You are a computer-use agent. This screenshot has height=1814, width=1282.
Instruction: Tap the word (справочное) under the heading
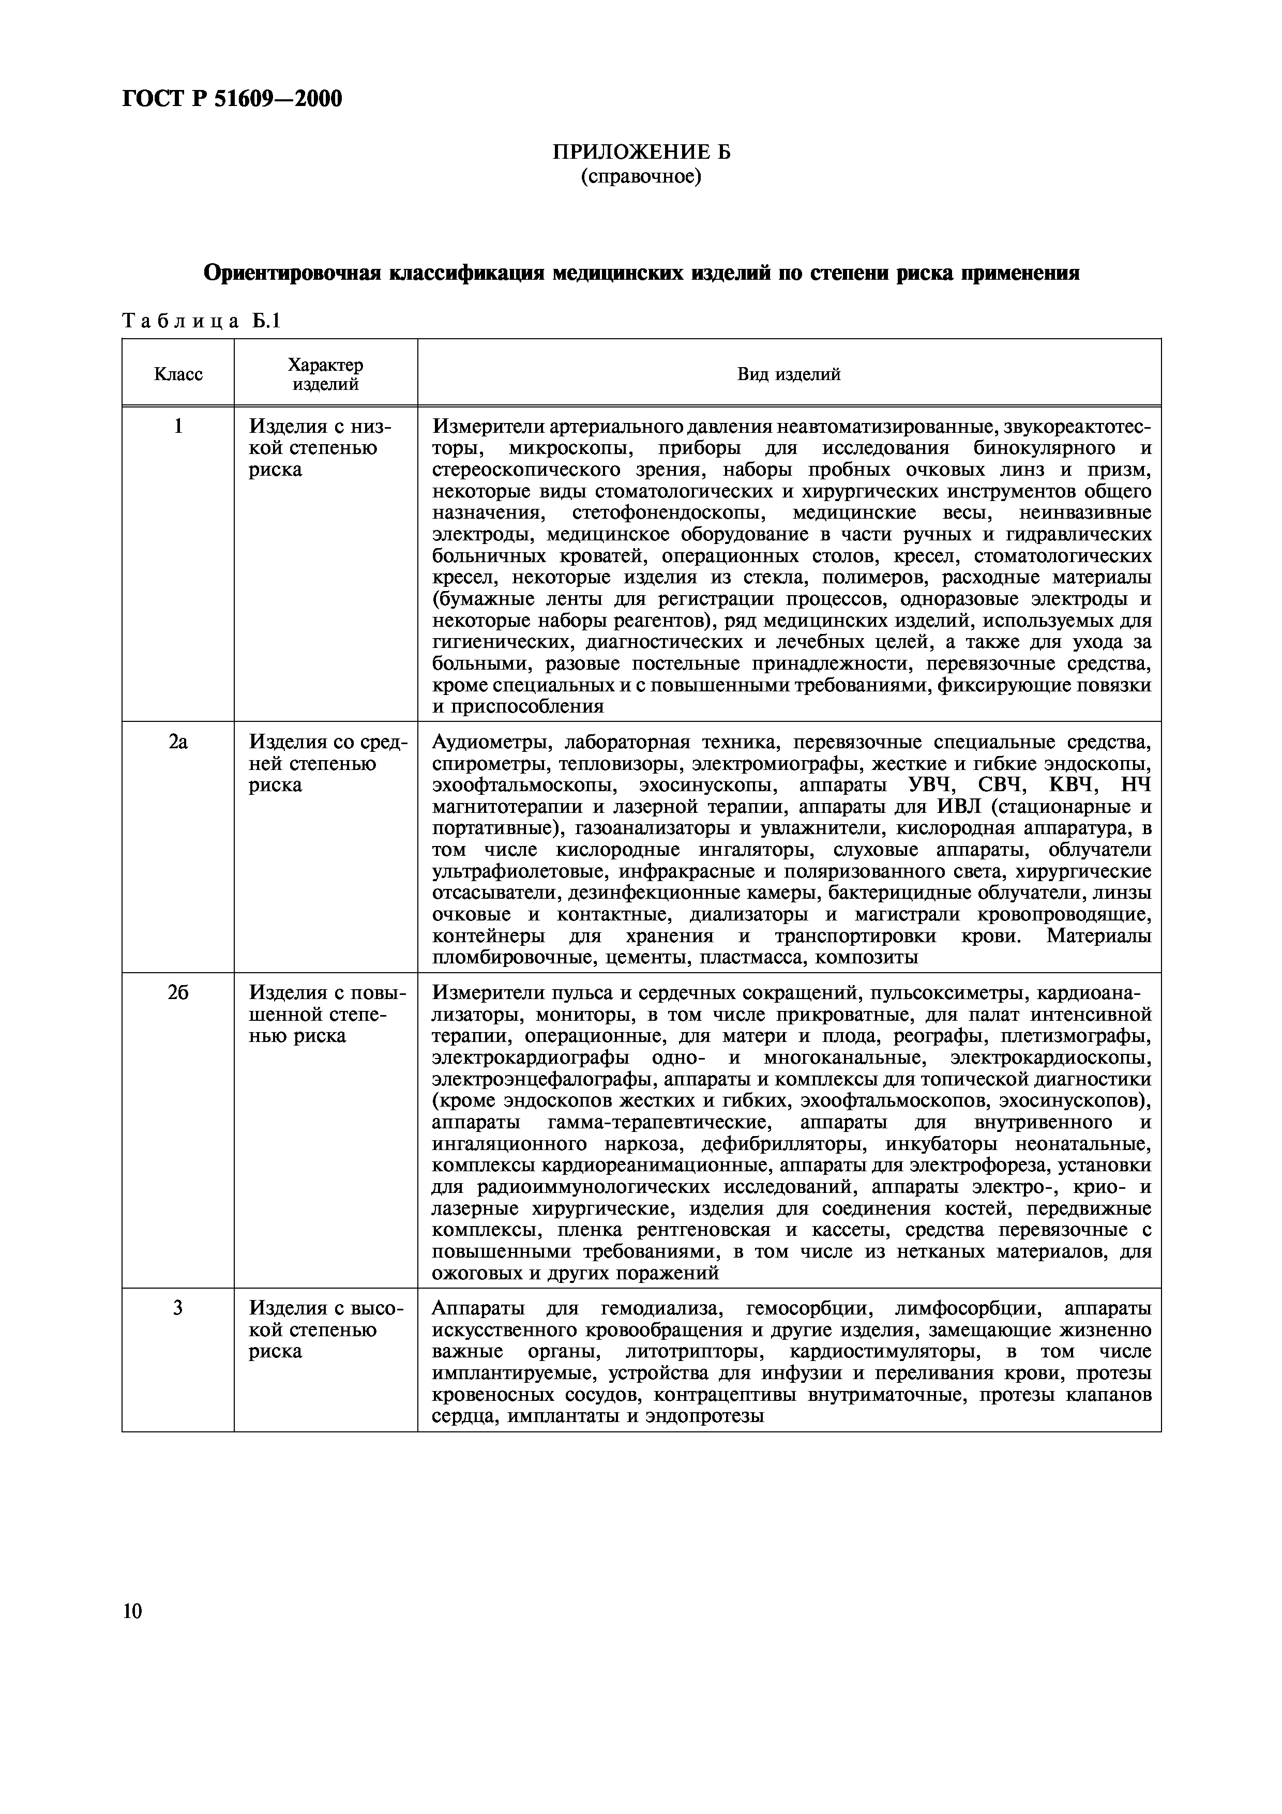point(641,176)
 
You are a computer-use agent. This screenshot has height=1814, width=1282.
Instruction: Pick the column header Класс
point(178,374)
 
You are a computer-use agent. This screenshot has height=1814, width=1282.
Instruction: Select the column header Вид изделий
point(788,374)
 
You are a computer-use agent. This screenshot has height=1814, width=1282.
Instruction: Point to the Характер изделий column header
point(325,374)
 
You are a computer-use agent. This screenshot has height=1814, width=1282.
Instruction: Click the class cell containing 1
point(178,427)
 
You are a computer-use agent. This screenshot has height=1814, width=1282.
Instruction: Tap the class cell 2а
point(178,742)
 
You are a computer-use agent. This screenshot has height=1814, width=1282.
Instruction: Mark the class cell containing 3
point(178,1308)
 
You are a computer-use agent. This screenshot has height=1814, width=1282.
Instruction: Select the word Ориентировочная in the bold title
point(292,274)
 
